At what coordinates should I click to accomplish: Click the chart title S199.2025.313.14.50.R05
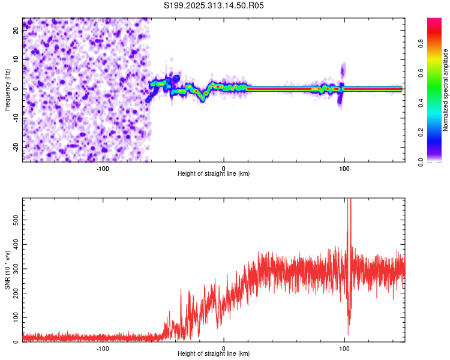(x=214, y=6)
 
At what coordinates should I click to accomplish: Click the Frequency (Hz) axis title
(x=8, y=89)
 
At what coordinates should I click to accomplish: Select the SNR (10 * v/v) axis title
(x=8, y=270)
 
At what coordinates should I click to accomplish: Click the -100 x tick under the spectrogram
(x=103, y=167)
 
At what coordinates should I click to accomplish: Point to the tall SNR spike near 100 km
(x=349, y=216)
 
